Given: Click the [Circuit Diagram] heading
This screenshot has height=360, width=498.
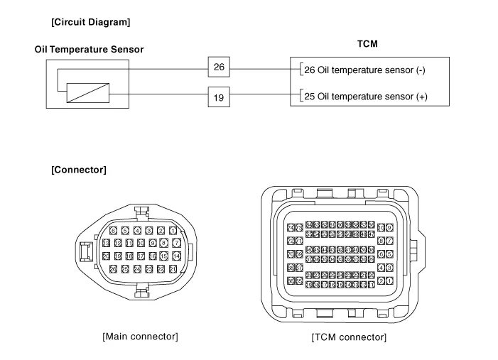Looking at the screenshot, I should pos(90,22).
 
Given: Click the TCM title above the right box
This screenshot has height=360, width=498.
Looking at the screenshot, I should pos(366,44).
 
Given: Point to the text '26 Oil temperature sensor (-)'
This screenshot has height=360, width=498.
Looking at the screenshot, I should pos(363,70).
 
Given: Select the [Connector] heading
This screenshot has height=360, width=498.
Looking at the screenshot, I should pos(79,170).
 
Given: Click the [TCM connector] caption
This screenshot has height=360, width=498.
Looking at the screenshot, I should pos(349,337).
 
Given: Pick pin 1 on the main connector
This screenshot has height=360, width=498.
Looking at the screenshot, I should pos(173,231).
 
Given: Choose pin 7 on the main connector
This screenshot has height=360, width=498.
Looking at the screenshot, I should pos(176,243).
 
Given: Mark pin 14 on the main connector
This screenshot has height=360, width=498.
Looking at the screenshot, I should pos(176,256).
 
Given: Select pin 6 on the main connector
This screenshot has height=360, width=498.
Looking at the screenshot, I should pos(113,231).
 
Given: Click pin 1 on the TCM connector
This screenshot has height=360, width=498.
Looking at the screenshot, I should pos(389,281).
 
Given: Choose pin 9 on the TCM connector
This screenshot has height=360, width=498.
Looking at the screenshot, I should pos(389,228).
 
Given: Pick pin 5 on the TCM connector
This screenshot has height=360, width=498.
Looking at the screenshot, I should pos(389,254).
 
